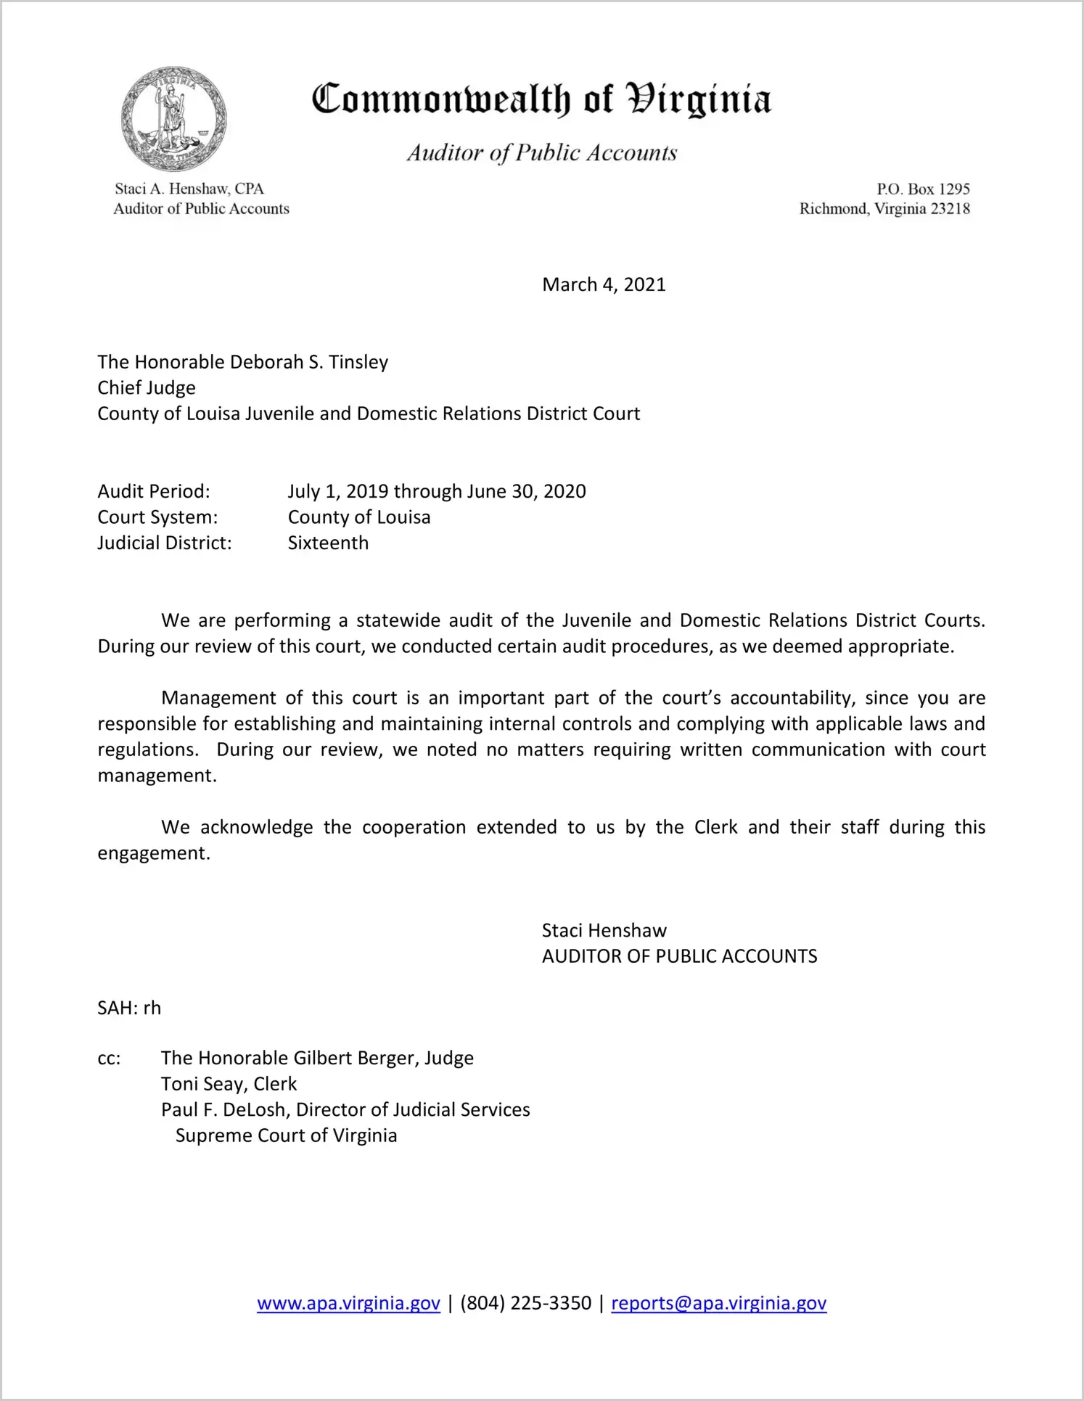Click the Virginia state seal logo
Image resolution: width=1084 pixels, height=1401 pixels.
[x=173, y=119]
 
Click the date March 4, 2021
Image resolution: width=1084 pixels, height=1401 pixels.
[x=604, y=284]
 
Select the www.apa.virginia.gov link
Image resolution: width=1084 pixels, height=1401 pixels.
[x=348, y=1303]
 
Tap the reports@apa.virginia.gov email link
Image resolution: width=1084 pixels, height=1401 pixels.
[x=718, y=1303]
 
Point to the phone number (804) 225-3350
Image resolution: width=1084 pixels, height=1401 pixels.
[x=525, y=1303]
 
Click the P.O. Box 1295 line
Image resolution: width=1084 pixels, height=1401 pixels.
[x=923, y=189]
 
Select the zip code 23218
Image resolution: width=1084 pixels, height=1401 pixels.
[x=950, y=209]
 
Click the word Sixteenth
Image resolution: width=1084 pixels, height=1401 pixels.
[x=328, y=543]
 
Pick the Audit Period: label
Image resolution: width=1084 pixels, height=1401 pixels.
[x=154, y=491]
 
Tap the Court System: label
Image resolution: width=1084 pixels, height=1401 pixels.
[x=157, y=517]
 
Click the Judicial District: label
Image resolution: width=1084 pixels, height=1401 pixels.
[x=165, y=543]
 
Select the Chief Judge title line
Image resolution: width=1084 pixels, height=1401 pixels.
[x=147, y=387]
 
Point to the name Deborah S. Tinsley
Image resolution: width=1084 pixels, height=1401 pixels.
[x=299, y=362]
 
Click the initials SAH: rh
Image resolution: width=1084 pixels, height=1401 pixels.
[x=129, y=1008]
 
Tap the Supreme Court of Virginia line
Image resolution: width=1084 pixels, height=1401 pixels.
[x=286, y=1135]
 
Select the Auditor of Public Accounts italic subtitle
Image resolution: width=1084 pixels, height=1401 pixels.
[x=541, y=153]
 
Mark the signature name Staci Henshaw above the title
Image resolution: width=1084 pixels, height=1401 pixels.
[x=604, y=930]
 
